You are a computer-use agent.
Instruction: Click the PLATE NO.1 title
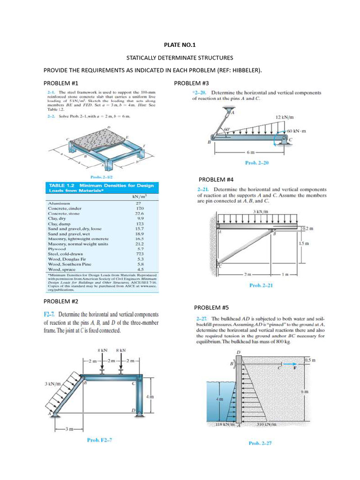click(180, 45)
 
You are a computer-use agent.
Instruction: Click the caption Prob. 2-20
click(256, 163)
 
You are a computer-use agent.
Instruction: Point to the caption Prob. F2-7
click(99, 440)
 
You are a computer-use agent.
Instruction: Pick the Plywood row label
click(57, 248)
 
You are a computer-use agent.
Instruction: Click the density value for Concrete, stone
click(139, 212)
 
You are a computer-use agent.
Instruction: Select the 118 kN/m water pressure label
click(224, 425)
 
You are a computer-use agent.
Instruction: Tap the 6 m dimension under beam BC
click(251, 152)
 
